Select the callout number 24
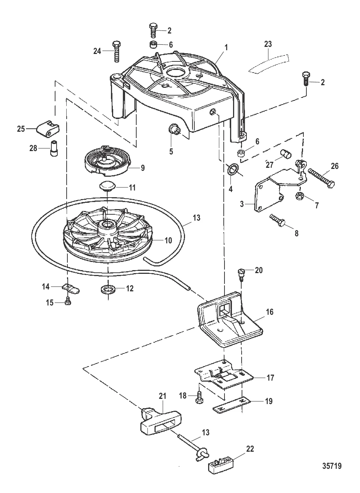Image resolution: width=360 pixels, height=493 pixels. (97, 51)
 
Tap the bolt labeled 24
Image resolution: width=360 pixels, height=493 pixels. (116, 51)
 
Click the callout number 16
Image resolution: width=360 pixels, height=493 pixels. (269, 312)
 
